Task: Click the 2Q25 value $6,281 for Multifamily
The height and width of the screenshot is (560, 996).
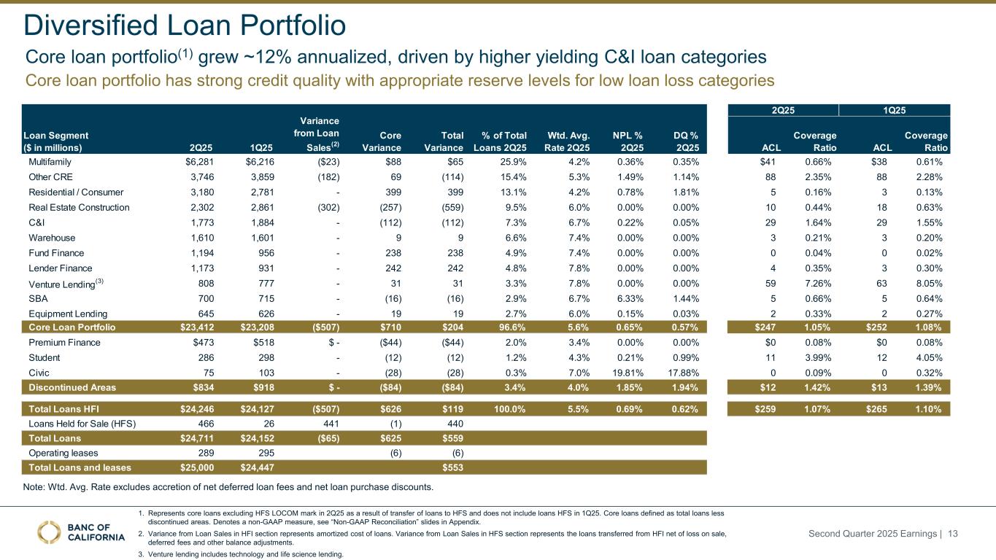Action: pyautogui.click(x=193, y=162)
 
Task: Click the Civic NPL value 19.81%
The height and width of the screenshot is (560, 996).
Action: pyautogui.click(x=628, y=373)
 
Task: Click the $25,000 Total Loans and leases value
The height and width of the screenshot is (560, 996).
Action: pyautogui.click(x=193, y=467)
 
